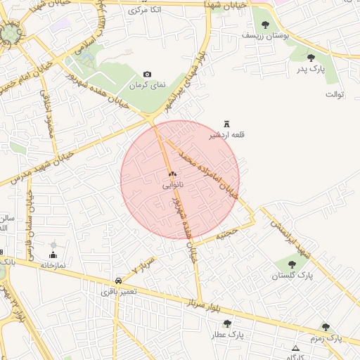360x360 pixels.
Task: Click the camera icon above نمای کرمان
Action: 147,74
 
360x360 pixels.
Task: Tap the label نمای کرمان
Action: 148,84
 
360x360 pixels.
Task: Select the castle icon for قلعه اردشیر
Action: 226,123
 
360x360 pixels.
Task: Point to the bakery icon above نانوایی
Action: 172,173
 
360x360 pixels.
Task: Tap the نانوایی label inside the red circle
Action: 173,185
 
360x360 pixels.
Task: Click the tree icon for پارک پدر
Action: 311,58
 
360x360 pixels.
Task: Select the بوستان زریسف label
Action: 261,34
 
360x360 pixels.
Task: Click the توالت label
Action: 334,94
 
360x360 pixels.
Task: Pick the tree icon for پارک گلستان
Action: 292,264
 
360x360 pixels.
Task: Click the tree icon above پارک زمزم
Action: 326,326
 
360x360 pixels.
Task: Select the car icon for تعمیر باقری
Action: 117,280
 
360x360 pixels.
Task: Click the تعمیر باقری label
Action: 117,290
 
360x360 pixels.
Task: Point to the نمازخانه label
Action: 53,265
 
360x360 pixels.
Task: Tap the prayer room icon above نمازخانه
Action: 53,255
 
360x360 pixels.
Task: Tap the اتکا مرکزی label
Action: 146,10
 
